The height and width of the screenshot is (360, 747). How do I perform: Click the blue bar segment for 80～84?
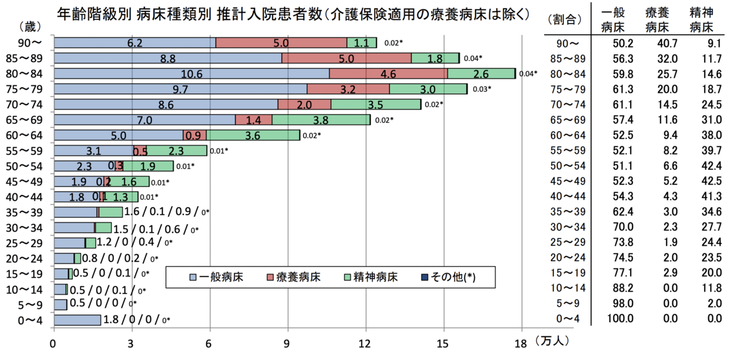(192, 73)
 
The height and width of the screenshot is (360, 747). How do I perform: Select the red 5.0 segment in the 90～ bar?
(281, 43)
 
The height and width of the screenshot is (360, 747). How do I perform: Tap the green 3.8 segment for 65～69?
(321, 120)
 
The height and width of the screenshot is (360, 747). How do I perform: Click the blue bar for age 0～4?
(77, 320)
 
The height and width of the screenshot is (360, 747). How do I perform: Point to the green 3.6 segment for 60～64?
(253, 135)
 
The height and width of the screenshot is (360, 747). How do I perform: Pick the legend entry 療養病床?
(294, 277)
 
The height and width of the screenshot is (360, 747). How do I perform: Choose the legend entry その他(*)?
(449, 277)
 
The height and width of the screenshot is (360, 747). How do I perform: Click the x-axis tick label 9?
(286, 344)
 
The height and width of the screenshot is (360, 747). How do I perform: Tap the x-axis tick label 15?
(443, 344)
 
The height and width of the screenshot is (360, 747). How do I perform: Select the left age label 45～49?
(24, 181)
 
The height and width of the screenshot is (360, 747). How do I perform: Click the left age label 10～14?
(24, 290)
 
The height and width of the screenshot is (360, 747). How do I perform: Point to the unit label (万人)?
(552, 341)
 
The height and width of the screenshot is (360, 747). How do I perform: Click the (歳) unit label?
(30, 27)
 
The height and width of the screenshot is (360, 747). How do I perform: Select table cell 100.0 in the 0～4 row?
(620, 318)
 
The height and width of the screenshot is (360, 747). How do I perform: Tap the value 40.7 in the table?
(667, 43)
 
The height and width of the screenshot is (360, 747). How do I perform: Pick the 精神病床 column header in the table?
(702, 20)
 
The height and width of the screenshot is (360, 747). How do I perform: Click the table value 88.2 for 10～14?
(623, 288)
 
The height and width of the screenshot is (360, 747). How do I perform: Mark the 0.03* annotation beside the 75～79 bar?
(482, 89)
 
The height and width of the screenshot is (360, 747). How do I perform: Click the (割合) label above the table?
(565, 20)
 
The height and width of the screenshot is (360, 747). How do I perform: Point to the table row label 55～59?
(568, 151)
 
